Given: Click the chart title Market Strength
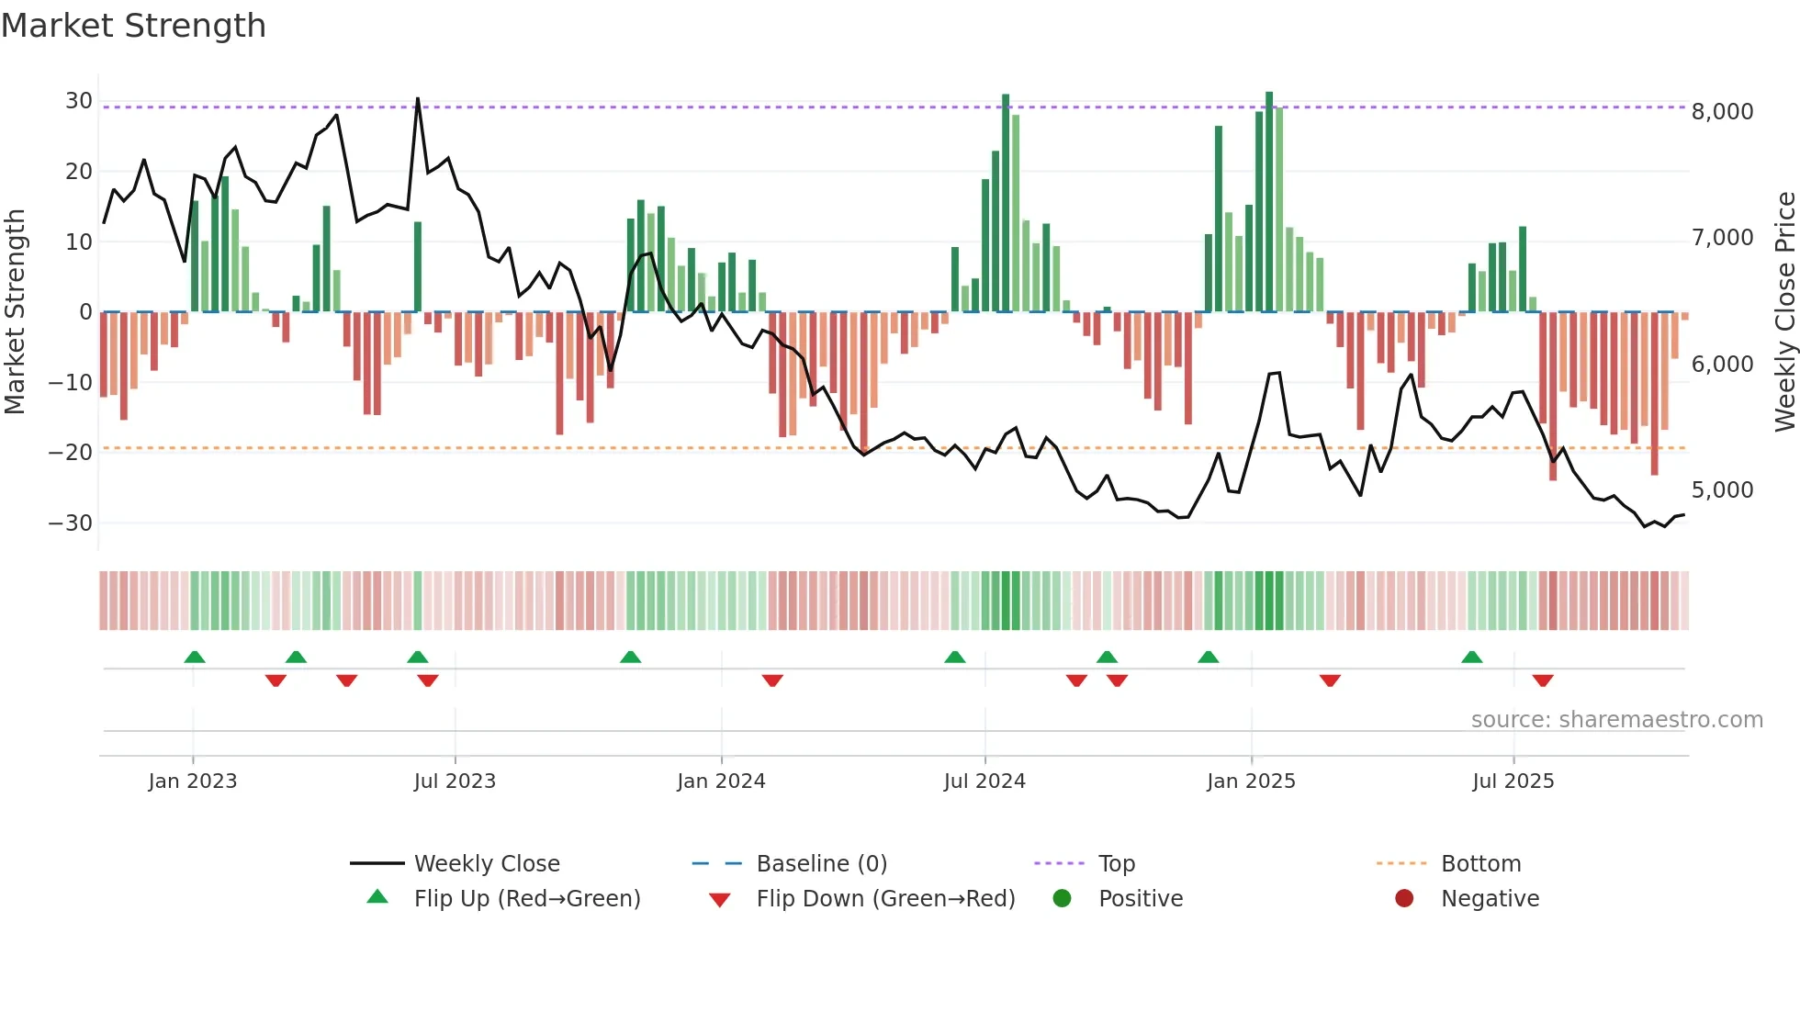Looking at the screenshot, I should pyautogui.click(x=133, y=26).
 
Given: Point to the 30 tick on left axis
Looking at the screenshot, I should pyautogui.click(x=78, y=101).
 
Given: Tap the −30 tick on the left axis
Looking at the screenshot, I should pyautogui.click(x=71, y=523).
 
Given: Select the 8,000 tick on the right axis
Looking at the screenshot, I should pyautogui.click(x=1722, y=112).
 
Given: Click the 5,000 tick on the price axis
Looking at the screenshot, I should pyautogui.click(x=1722, y=490).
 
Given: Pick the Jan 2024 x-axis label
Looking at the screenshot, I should pyautogui.click(x=721, y=781).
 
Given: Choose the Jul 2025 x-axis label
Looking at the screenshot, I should pyautogui.click(x=1513, y=781).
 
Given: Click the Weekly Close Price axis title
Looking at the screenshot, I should pyautogui.click(x=1784, y=312).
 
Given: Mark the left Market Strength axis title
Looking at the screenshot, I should pyautogui.click(x=16, y=312).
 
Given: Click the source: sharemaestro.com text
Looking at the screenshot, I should pyautogui.click(x=1616, y=720).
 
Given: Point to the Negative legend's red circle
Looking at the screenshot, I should pyautogui.click(x=1404, y=899).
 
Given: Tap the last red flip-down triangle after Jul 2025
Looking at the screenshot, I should pyautogui.click(x=1543, y=680).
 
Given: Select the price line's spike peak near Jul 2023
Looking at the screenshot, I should pyautogui.click(x=418, y=99).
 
